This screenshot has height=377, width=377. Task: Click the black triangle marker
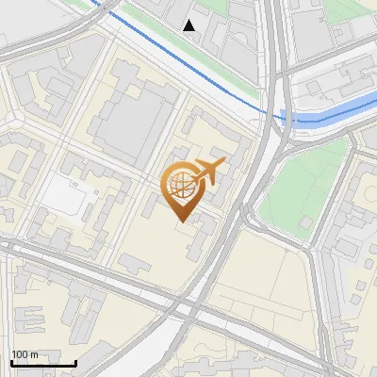[189, 25]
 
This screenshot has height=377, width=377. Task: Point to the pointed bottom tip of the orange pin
[180, 221]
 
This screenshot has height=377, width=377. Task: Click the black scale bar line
[43, 363]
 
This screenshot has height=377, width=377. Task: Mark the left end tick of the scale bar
[11, 361]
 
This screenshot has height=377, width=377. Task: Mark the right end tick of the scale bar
[75, 361]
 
